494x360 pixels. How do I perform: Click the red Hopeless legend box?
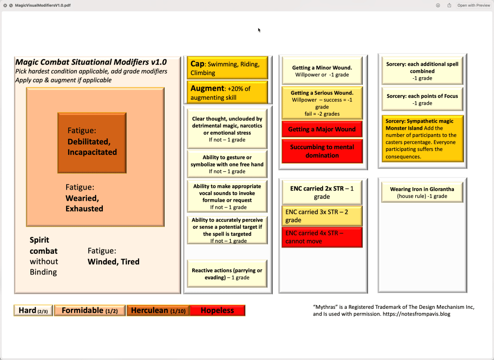[x=217, y=311]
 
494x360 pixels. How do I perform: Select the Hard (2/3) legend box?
[x=33, y=311]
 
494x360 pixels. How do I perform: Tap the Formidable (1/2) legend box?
[x=90, y=311]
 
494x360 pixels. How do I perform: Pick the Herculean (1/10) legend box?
[x=158, y=311]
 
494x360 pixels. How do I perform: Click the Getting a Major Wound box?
[x=322, y=129]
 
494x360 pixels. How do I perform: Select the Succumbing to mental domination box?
[x=322, y=151]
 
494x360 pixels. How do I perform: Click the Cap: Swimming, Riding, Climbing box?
[x=227, y=68]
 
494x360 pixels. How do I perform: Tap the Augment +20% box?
[x=227, y=93]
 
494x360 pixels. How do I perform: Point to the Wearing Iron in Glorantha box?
[x=422, y=193]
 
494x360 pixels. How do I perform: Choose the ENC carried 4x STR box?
[x=322, y=237]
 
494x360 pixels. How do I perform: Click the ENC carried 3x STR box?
[x=322, y=216]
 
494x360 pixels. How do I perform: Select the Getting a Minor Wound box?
[x=322, y=71]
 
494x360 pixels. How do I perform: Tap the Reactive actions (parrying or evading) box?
[x=227, y=274]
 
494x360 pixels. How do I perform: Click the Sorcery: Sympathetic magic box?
[x=422, y=138]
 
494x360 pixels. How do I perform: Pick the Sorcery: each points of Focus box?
[x=422, y=99]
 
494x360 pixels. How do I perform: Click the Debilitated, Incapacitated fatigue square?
[x=92, y=142]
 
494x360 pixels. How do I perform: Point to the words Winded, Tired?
[x=113, y=262]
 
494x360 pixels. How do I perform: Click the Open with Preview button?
[x=473, y=5]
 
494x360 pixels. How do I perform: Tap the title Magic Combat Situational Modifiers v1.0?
[x=91, y=62]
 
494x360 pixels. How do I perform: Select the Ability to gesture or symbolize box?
[x=227, y=164]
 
